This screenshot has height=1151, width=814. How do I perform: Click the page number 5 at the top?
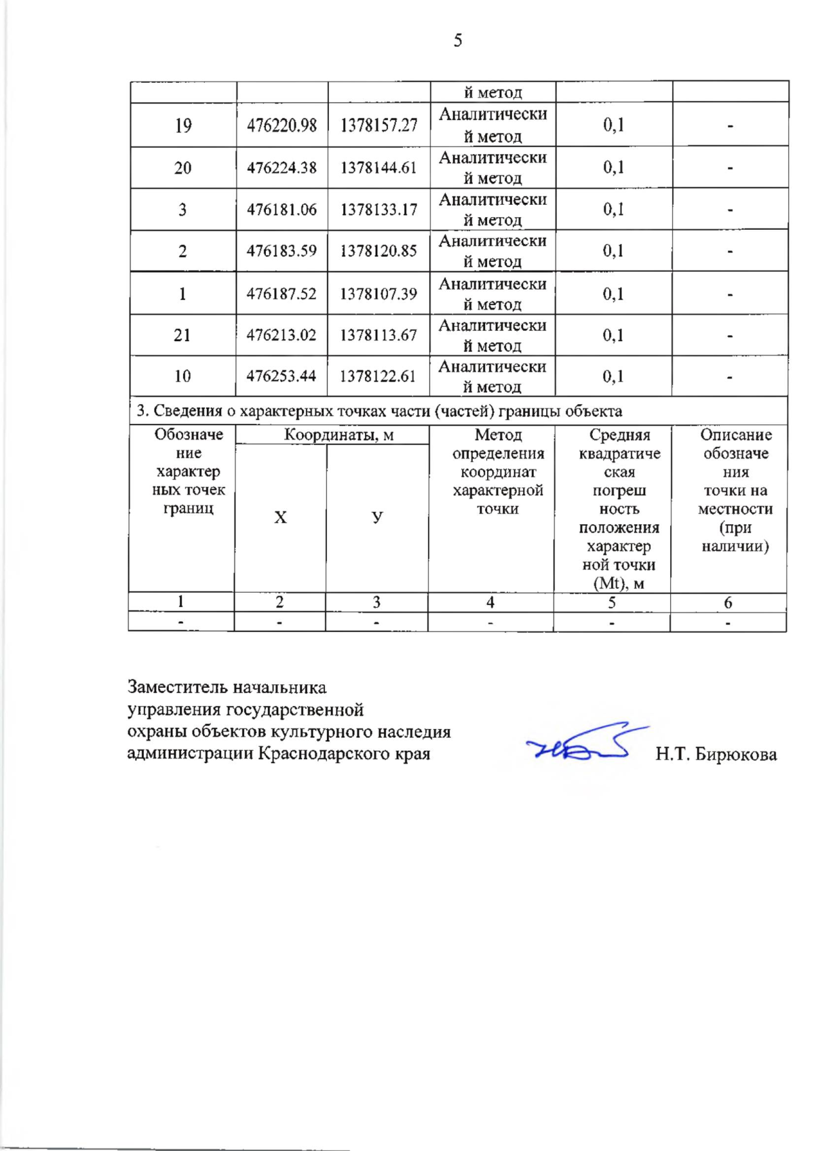click(458, 41)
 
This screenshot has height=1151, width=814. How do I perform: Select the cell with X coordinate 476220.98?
click(282, 125)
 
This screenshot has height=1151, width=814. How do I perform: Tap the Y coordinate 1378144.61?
click(379, 168)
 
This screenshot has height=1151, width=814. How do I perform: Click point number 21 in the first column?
click(182, 335)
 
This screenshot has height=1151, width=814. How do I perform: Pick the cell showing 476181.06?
click(282, 210)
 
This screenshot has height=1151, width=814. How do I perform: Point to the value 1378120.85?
click(379, 251)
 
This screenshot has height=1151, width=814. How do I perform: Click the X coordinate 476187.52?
click(282, 294)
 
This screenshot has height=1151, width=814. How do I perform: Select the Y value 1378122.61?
click(378, 376)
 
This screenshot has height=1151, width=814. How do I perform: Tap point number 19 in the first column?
click(183, 125)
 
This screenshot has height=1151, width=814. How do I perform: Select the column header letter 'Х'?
click(280, 518)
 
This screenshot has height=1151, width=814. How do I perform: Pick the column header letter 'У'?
click(377, 518)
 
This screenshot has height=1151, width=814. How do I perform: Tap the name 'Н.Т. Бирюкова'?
click(716, 754)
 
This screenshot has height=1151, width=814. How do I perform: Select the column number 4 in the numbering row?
click(490, 602)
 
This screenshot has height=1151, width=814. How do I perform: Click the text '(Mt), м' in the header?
click(619, 583)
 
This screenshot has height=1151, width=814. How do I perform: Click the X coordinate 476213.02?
click(281, 335)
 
